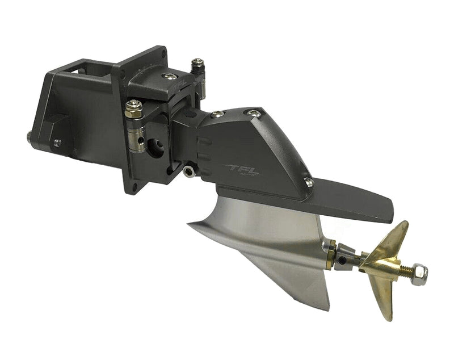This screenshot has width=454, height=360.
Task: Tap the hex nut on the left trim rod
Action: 133,106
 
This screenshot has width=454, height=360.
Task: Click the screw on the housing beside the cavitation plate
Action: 309,182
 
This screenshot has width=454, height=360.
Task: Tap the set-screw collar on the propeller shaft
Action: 346,259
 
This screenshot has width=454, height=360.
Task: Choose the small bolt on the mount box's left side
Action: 57,143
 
